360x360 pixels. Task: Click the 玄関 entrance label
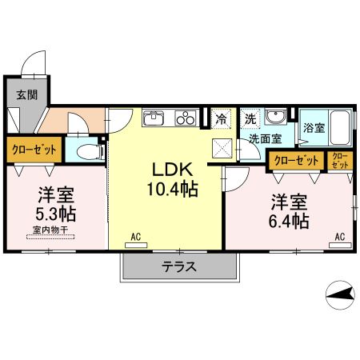[x=26, y=94]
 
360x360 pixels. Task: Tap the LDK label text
[x=172, y=170]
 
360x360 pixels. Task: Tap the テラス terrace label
[x=179, y=267]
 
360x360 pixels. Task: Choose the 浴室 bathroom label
[x=314, y=127]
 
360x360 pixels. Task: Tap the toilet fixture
[x=88, y=150]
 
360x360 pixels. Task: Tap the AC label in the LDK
[x=136, y=237]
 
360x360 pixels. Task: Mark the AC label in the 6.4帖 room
[x=339, y=237]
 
